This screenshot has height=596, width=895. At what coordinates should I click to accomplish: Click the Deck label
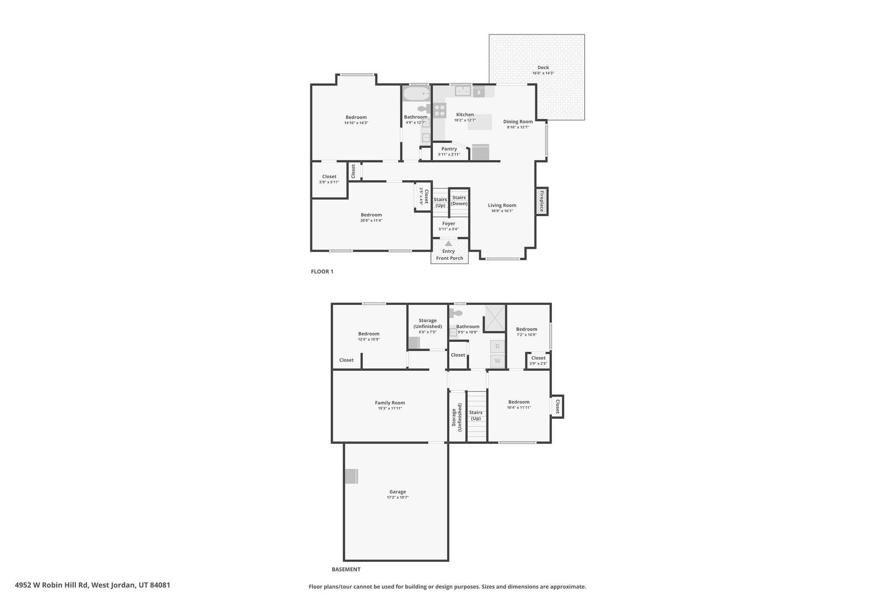pos(543,68)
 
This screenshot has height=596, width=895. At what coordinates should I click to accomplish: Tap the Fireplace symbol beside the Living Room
pos(541,201)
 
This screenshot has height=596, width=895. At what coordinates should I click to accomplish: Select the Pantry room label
pos(449,149)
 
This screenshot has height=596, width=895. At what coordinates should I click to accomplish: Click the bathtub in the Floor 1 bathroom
pos(416,93)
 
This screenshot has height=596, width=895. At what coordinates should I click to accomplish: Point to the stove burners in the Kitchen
pos(439,110)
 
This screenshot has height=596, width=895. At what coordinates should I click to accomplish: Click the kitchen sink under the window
pos(462,91)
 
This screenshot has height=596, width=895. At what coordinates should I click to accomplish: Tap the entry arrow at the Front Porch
pos(448,244)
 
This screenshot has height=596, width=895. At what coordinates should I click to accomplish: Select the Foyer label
pos(448,224)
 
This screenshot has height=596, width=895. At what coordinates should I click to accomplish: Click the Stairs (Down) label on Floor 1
pos(459,200)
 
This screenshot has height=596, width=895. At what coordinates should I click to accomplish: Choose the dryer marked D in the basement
pos(497,347)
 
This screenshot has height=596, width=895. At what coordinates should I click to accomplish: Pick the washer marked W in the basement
pos(497,361)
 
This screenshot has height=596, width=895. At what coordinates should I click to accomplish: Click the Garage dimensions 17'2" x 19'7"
pos(397,497)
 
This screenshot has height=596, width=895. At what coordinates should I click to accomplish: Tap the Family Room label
pos(390,403)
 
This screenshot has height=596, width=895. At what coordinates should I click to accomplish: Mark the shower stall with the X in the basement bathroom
pos(495,318)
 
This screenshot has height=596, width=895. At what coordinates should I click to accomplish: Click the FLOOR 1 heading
pos(322,272)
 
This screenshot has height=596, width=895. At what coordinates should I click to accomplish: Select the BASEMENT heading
pos(346,569)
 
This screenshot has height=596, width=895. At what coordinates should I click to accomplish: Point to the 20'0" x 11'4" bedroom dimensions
pos(371,220)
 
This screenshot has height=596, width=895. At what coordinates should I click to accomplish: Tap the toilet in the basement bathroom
pos(455,313)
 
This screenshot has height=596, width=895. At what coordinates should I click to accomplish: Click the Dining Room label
pos(518,122)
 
